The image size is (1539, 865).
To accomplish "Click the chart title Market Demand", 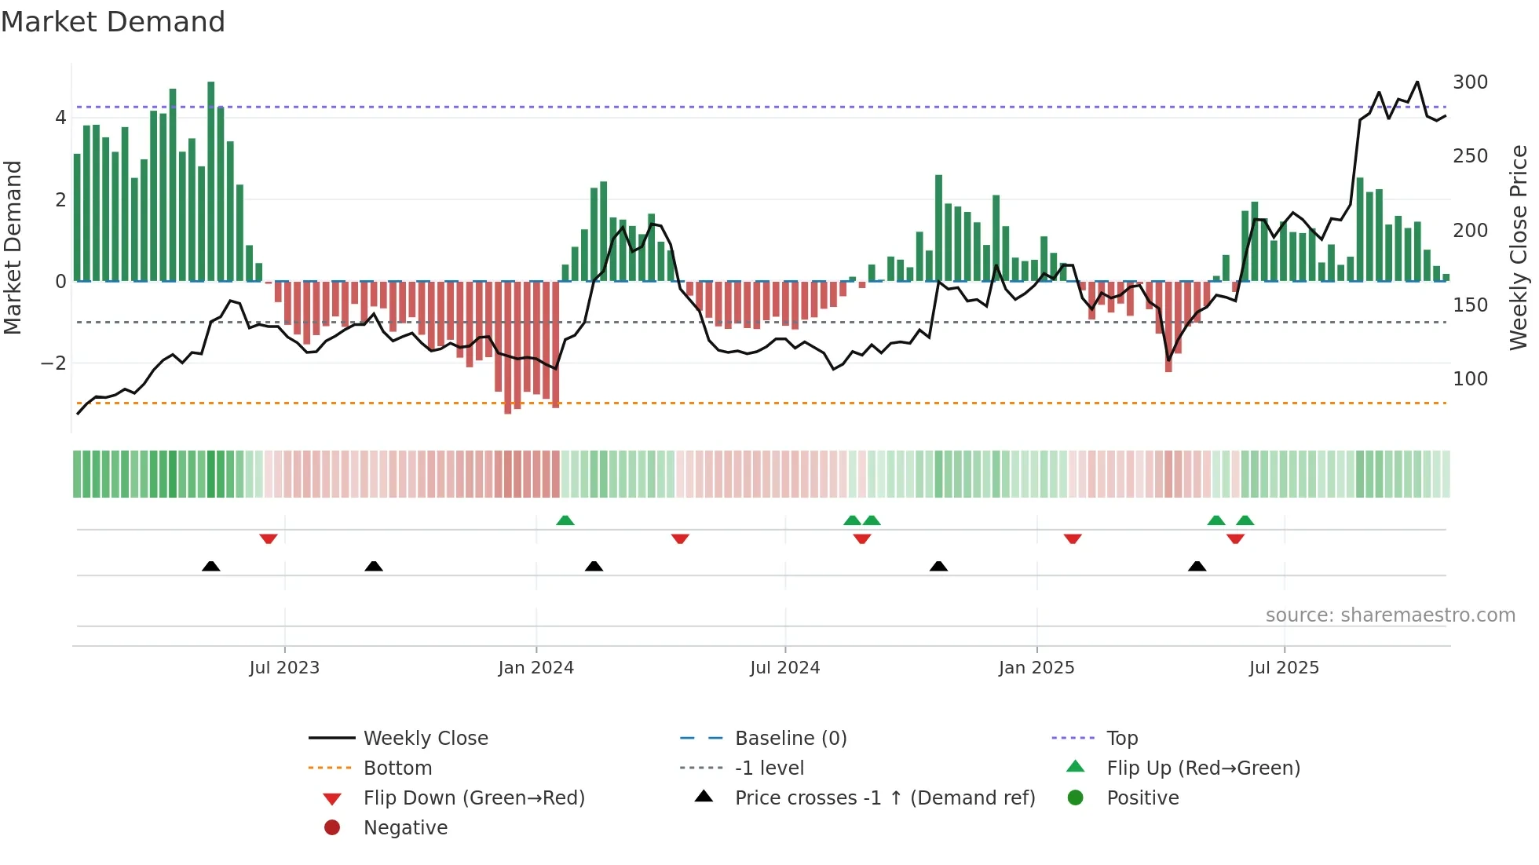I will (x=113, y=22).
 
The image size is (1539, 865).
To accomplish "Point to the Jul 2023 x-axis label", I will (x=284, y=668).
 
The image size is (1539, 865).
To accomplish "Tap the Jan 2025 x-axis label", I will (x=1036, y=668).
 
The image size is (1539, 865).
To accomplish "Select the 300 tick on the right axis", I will (x=1470, y=82).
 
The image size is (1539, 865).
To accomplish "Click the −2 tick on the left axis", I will (x=53, y=363).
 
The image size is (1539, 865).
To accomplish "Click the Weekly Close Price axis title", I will (x=1519, y=247).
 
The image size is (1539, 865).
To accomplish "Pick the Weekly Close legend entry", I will (x=425, y=739).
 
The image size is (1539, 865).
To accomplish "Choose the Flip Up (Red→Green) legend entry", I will (x=1203, y=768).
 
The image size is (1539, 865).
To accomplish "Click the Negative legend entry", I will (x=405, y=828).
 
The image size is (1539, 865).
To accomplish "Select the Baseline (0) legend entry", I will (x=790, y=739).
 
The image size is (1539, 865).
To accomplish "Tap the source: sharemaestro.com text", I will (x=1390, y=615).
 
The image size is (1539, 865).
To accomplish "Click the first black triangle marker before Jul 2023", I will (x=210, y=566).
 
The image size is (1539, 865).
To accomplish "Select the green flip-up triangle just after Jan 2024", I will (x=565, y=520).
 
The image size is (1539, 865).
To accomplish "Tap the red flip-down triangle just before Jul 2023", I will (x=269, y=539).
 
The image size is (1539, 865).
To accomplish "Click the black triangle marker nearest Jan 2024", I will (x=594, y=566).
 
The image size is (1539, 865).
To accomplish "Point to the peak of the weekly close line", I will (x=1417, y=82).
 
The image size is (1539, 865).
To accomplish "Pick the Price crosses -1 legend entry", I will (x=884, y=798).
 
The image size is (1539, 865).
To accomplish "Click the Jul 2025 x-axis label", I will (x=1284, y=668).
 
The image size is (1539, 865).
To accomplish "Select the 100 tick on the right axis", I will (x=1470, y=379).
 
